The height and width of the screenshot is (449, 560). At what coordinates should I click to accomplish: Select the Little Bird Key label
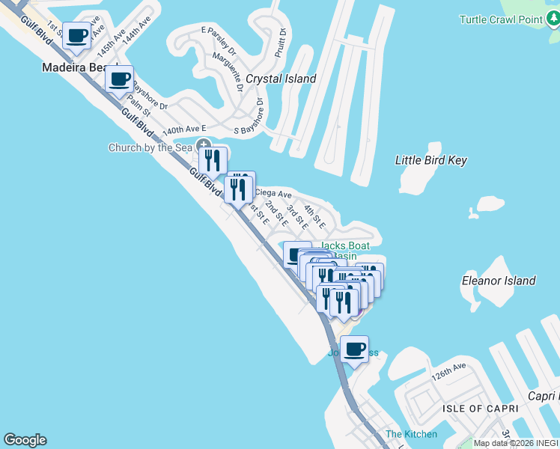(430, 160)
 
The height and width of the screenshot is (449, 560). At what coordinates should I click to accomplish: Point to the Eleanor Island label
(499, 281)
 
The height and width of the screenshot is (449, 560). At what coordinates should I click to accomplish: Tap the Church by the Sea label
(150, 147)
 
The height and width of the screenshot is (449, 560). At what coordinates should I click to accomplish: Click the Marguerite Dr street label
(228, 71)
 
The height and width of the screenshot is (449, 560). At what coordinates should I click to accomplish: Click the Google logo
(25, 440)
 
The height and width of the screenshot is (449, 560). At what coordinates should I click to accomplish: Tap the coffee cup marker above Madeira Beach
(76, 34)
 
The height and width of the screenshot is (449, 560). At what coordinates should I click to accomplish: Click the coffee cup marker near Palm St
(120, 78)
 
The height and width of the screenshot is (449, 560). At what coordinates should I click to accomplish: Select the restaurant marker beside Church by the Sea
(213, 159)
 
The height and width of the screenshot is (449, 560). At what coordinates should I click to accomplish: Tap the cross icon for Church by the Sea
(202, 145)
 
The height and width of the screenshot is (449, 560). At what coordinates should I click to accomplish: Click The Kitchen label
(411, 434)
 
